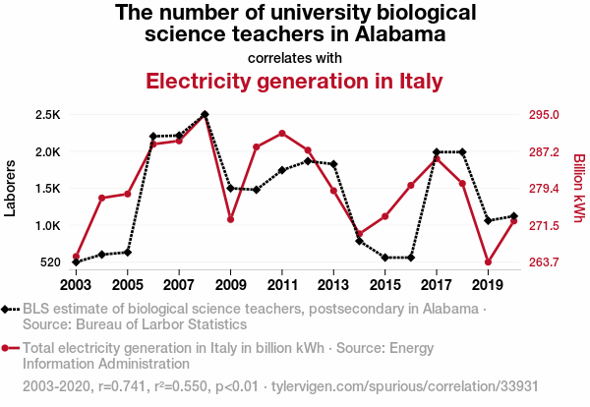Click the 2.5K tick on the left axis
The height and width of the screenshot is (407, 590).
(x=48, y=115)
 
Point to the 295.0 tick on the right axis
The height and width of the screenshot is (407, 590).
(x=544, y=115)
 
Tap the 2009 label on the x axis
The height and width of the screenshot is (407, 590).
(x=230, y=285)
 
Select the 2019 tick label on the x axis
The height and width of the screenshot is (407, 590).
(x=487, y=285)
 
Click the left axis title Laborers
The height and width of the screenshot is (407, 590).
(x=12, y=189)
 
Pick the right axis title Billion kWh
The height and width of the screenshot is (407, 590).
(x=578, y=189)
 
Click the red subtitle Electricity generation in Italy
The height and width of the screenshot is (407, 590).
(x=294, y=81)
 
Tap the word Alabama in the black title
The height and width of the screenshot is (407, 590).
(x=390, y=34)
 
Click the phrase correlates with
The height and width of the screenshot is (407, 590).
(x=295, y=57)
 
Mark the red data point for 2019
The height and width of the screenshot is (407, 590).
(x=488, y=262)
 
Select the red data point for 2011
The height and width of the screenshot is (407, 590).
(x=282, y=133)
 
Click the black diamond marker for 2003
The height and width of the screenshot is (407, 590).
(x=77, y=262)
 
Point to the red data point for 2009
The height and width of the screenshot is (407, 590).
(x=231, y=219)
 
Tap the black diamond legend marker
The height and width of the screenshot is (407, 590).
(x=7, y=310)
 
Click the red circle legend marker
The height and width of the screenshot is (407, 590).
(x=7, y=348)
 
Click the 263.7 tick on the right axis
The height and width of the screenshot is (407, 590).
(x=544, y=262)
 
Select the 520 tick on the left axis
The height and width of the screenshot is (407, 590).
(x=50, y=262)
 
